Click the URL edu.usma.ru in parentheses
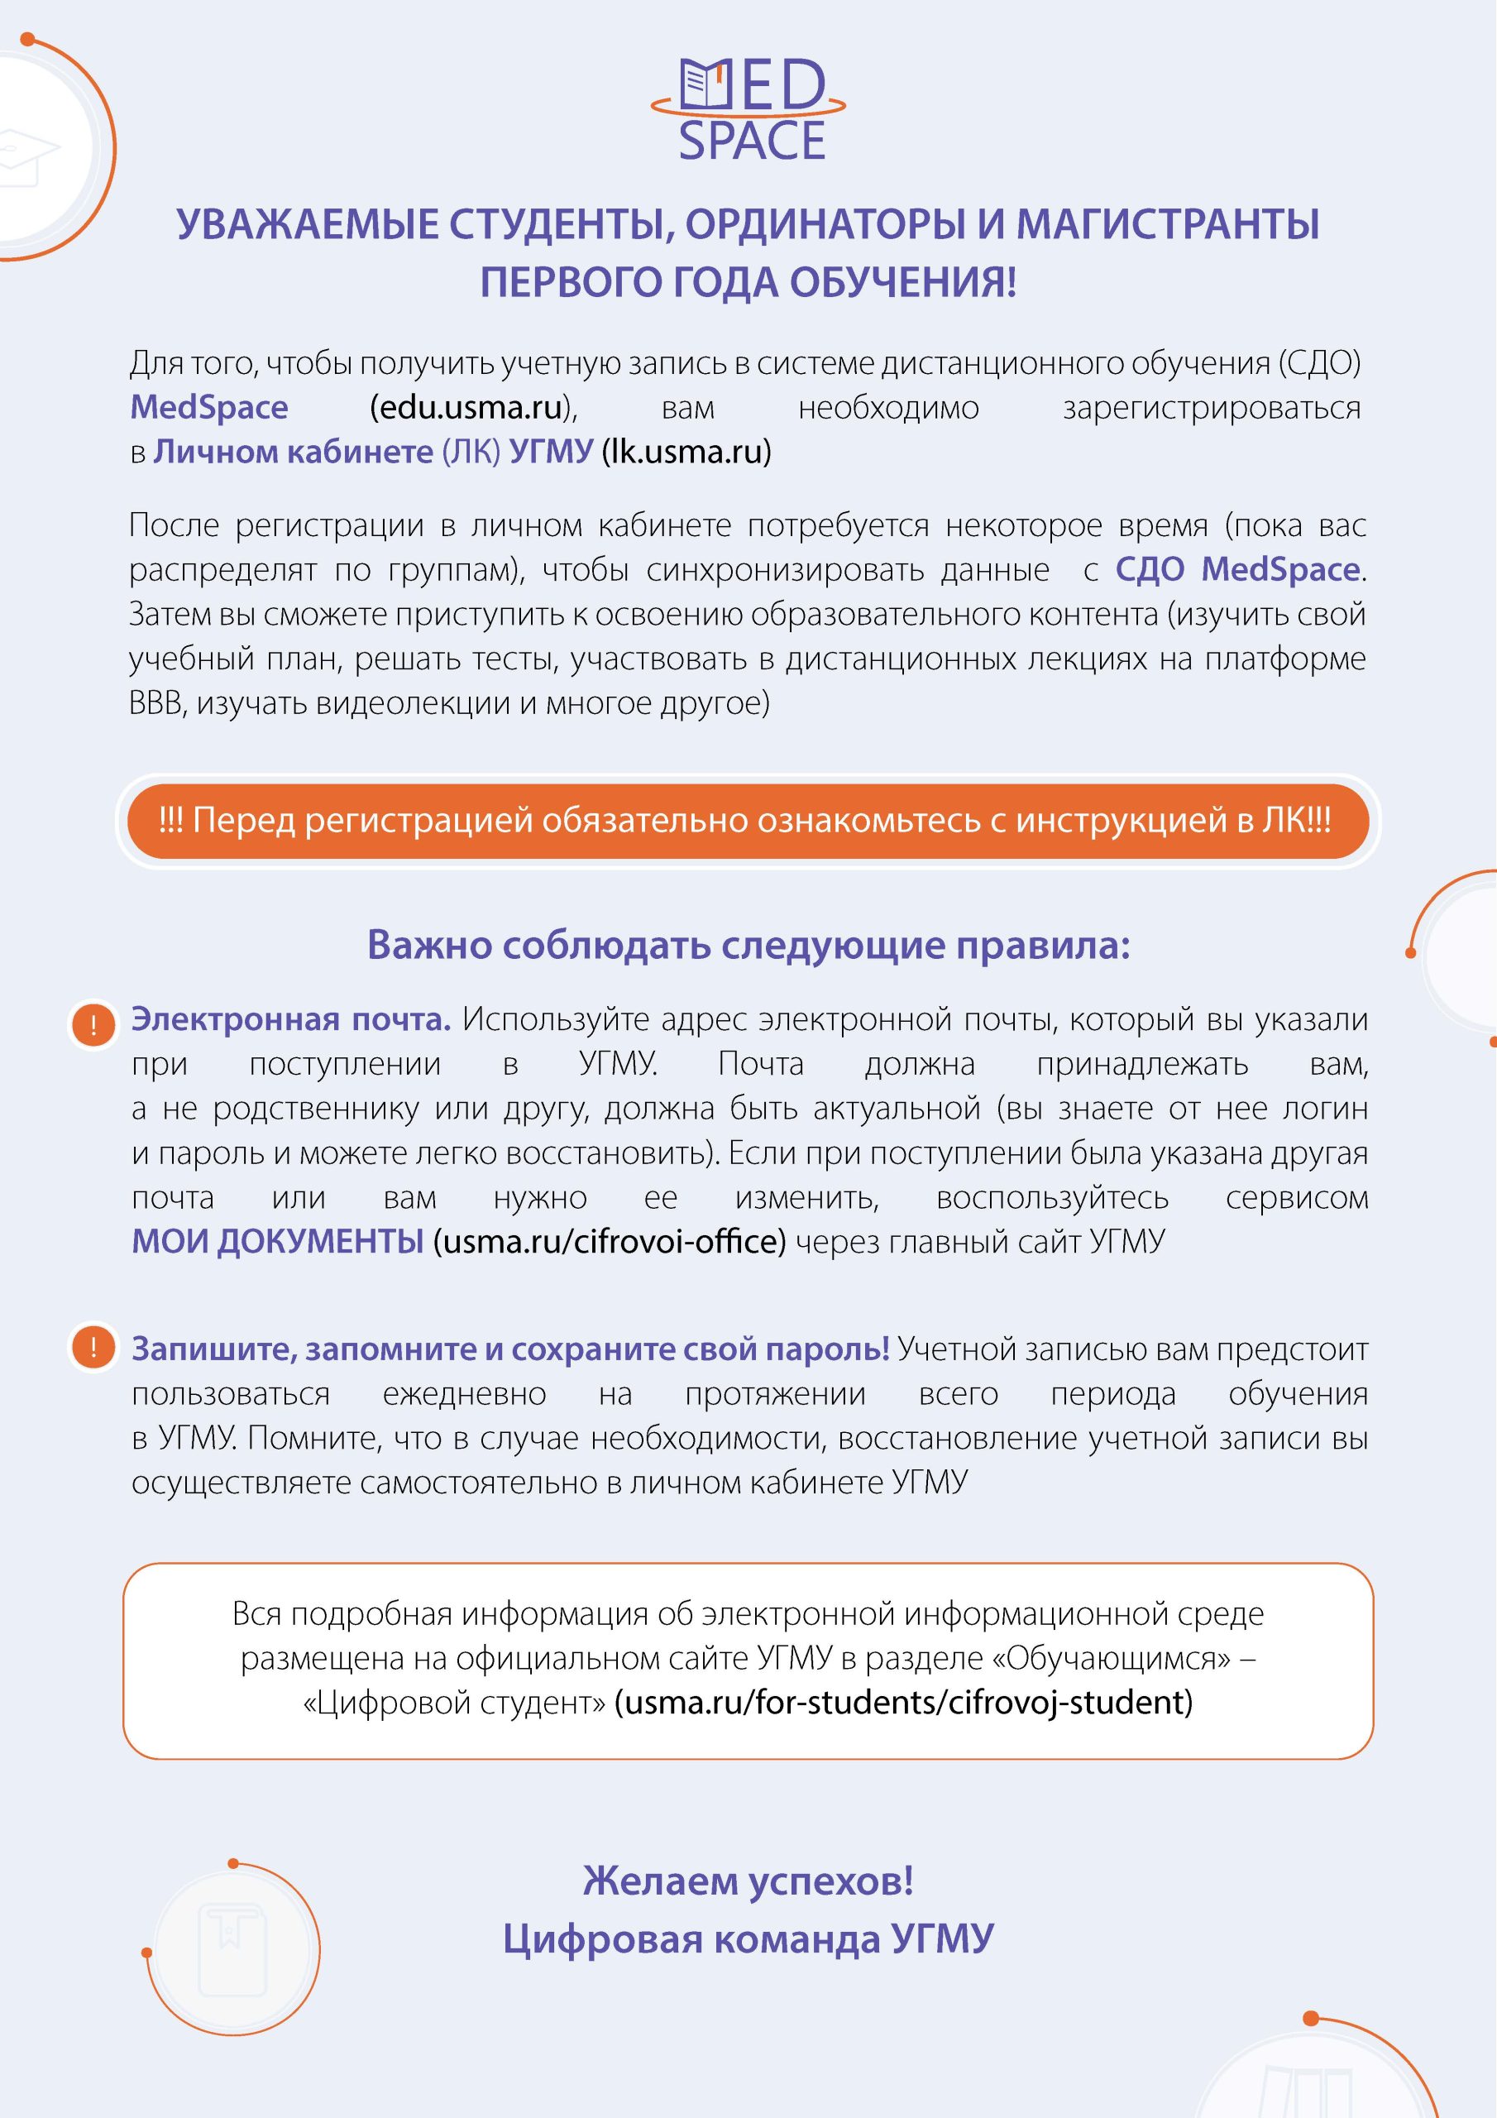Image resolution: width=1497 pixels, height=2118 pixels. pyautogui.click(x=471, y=408)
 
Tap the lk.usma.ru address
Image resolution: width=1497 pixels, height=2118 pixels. pyautogui.click(x=686, y=452)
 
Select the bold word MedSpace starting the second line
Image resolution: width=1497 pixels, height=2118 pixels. pyautogui.click(x=209, y=408)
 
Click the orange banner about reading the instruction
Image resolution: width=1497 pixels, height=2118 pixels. pyautogui.click(x=747, y=820)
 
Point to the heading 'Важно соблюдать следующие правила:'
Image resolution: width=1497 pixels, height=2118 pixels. pyautogui.click(x=748, y=946)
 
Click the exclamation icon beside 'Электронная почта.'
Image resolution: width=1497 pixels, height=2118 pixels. pyautogui.click(x=93, y=1026)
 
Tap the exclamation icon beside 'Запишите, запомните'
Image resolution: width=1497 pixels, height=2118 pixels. pyautogui.click(x=93, y=1348)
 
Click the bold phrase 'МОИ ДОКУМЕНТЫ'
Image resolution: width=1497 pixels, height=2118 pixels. pyautogui.click(x=278, y=1242)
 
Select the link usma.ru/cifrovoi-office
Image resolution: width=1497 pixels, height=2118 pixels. pyautogui.click(x=610, y=1242)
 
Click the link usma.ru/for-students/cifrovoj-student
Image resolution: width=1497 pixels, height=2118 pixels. pyautogui.click(x=904, y=1702)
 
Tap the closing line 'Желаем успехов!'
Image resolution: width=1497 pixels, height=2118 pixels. pyautogui.click(x=748, y=1881)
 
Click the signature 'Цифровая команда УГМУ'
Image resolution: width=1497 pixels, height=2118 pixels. pyautogui.click(x=748, y=1939)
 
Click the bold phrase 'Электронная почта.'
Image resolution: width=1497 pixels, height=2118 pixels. pyautogui.click(x=290, y=1020)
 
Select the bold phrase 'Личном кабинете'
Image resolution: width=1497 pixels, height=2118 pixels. pyautogui.click(x=293, y=452)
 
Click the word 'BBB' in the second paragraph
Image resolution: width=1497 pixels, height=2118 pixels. pyautogui.click(x=158, y=704)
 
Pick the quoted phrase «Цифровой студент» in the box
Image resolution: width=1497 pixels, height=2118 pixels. pyautogui.click(x=454, y=1702)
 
